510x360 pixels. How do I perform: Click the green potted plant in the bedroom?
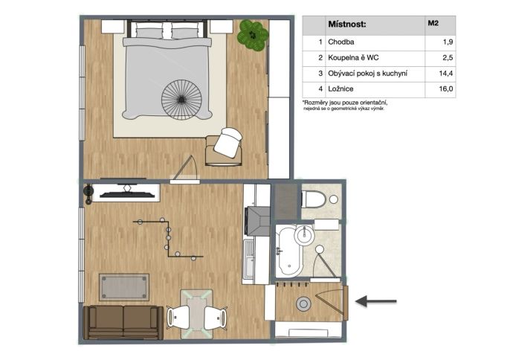click(253, 35)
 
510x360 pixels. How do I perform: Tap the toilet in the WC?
click(313, 199)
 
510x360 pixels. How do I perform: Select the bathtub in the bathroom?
click(288, 251)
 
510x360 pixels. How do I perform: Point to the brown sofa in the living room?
click(123, 322)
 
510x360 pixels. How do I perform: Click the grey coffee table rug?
click(124, 287)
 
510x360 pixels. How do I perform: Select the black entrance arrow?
click(376, 301)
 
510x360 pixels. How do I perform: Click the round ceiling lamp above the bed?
click(181, 99)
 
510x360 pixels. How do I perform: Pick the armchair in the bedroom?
click(225, 147)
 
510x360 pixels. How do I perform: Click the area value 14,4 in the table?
click(445, 73)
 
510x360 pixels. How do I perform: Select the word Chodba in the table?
click(340, 42)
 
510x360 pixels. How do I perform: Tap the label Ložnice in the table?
click(340, 89)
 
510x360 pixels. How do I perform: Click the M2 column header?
click(433, 23)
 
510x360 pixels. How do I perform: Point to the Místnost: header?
click(347, 24)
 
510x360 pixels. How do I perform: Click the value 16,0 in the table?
click(446, 89)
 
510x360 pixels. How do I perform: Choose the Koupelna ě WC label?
click(353, 57)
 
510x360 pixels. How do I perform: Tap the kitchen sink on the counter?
click(250, 260)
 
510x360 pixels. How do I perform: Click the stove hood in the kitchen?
click(258, 221)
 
